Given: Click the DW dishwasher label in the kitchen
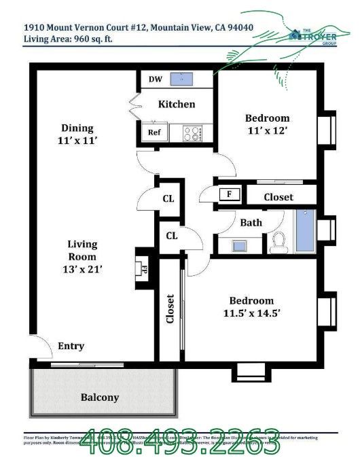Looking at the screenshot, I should click(x=155, y=79).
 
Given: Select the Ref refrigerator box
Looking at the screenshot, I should click(x=154, y=132).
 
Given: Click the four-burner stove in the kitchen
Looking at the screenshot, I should click(x=193, y=133).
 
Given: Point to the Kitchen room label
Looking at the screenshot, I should click(x=177, y=104).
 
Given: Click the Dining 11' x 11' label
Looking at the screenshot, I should click(x=77, y=134).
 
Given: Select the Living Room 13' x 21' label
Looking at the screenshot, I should click(x=82, y=256).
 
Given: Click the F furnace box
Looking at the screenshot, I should click(x=230, y=194).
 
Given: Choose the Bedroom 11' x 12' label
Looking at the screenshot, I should click(x=267, y=124).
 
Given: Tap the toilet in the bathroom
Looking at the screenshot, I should click(x=277, y=241).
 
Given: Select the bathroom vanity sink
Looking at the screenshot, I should click(x=240, y=245).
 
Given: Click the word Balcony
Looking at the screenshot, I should click(x=100, y=397).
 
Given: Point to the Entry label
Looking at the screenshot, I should click(x=71, y=346).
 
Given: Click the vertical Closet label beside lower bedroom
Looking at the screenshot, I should click(x=170, y=309).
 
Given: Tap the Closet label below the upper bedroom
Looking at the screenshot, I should click(x=278, y=196).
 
